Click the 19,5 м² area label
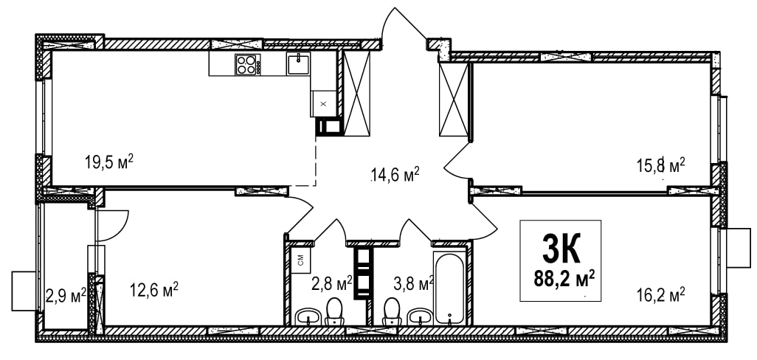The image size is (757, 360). click(x=109, y=162)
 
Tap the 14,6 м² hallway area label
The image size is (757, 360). click(x=395, y=173)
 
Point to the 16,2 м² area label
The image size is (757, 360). click(x=661, y=294)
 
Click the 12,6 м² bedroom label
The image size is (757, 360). click(x=154, y=289)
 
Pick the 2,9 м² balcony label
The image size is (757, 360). click(x=66, y=294)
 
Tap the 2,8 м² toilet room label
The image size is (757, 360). click(x=331, y=283)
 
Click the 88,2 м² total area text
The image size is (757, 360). click(x=564, y=278)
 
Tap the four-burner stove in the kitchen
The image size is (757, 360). click(x=248, y=64)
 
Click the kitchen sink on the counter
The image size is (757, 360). click(x=299, y=63)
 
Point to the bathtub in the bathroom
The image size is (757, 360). click(x=449, y=288)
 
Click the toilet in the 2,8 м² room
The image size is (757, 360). click(x=333, y=311)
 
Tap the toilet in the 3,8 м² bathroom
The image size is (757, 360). click(x=391, y=311)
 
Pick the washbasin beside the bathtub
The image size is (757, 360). click(x=420, y=317)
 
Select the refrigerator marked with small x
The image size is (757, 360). click(x=323, y=103)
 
